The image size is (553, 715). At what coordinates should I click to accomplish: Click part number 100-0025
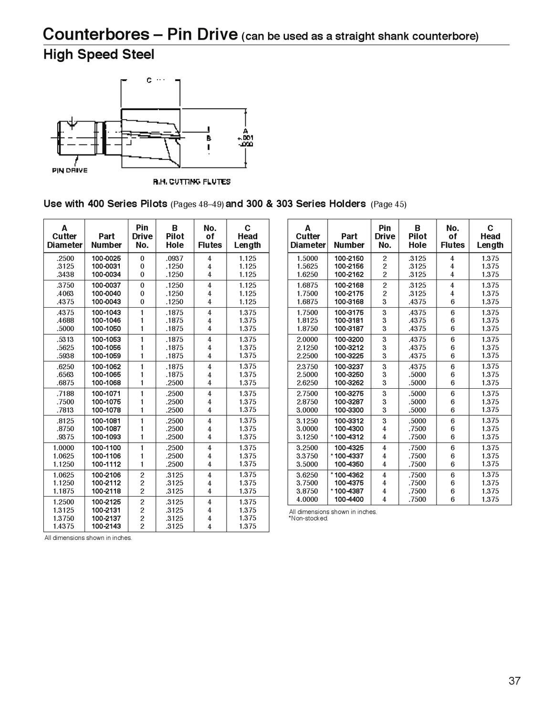point(106,258)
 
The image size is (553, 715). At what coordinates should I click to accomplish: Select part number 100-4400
point(349,499)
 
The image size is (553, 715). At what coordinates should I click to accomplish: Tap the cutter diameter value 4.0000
point(307,499)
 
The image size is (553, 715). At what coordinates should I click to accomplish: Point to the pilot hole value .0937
point(175,258)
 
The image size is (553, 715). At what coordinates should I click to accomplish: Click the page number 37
point(514,681)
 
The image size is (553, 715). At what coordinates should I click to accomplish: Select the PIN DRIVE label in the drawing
point(70,170)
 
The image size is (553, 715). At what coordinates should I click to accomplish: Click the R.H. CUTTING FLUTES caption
point(192,182)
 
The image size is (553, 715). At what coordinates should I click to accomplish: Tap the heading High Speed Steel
point(99,55)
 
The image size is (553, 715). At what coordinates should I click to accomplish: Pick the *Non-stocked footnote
point(309,518)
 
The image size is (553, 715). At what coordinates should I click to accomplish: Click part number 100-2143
point(106,526)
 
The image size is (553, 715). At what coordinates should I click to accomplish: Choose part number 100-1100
point(106,448)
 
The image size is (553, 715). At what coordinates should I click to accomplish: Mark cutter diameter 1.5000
point(307,258)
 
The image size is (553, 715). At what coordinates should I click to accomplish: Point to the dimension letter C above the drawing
point(149,80)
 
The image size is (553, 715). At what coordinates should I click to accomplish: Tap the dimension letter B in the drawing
point(209,138)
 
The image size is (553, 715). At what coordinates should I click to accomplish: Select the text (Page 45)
point(388,204)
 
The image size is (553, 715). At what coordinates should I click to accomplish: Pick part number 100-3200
point(349,340)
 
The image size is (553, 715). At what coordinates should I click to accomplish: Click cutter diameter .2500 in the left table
point(65,258)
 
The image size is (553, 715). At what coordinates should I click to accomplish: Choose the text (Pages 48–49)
point(197,204)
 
